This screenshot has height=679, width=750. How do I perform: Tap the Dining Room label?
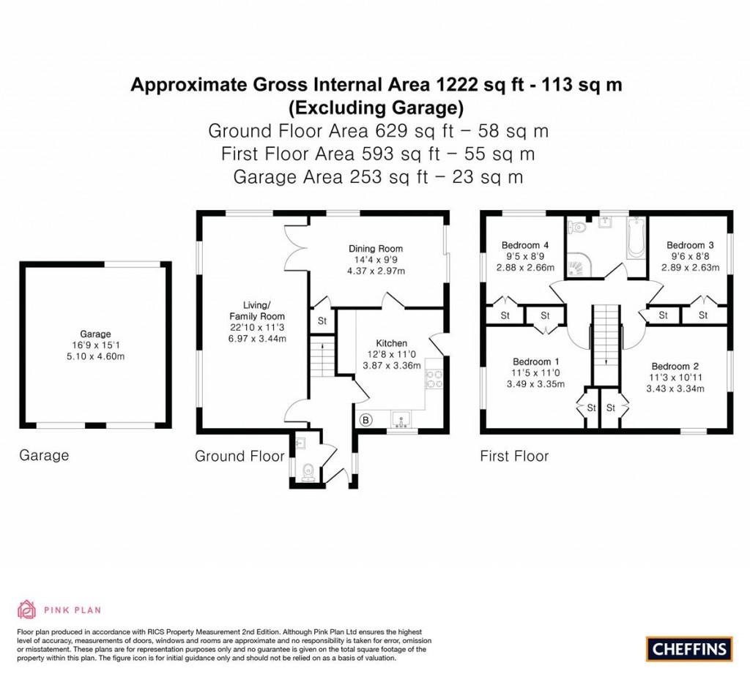click(x=375, y=249)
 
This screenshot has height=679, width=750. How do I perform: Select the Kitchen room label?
click(x=391, y=343)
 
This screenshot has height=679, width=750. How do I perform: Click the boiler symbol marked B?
click(x=365, y=420)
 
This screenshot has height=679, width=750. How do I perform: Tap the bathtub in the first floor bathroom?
click(x=635, y=237)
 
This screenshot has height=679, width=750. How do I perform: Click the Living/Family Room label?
click(x=264, y=310)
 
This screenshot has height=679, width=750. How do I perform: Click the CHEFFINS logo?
click(x=689, y=648)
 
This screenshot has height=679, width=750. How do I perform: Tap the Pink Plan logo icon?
click(x=26, y=609)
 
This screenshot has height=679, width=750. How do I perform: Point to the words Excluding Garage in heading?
click(x=376, y=108)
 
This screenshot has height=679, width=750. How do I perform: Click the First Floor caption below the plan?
click(x=514, y=456)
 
